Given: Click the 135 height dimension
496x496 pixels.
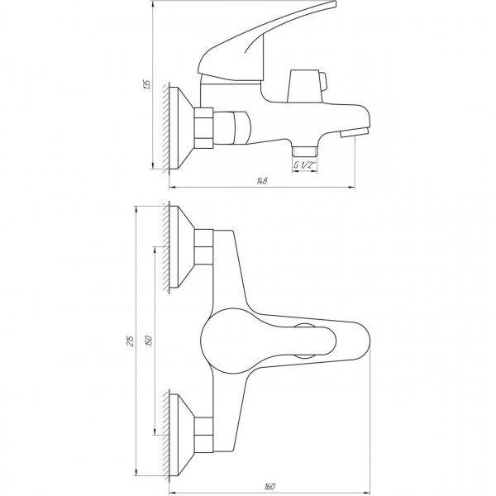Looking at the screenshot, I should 146,84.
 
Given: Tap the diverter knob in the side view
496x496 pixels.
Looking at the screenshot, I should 308,84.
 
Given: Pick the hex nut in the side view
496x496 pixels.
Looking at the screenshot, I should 206,127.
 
